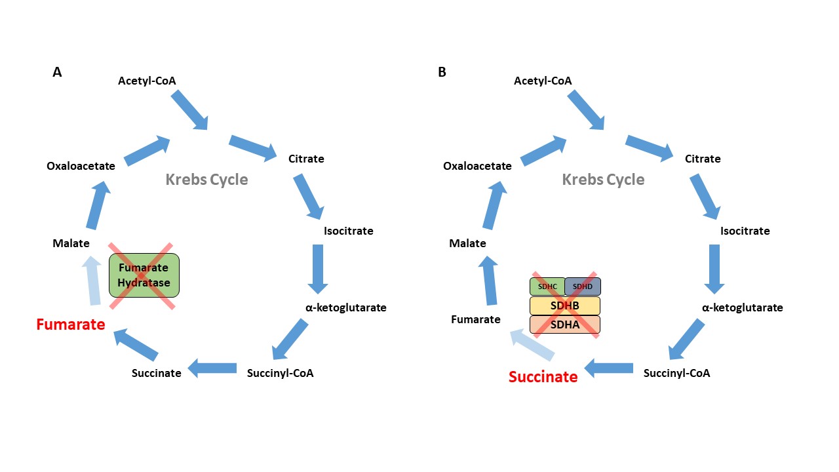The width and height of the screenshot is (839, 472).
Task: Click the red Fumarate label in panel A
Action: click(70, 324)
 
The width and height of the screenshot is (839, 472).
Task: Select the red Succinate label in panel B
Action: click(543, 377)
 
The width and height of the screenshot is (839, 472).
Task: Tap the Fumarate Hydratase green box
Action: click(144, 275)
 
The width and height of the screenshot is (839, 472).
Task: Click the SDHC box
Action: click(547, 286)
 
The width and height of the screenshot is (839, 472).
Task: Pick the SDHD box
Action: click(583, 286)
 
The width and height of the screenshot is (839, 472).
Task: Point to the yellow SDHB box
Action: click(565, 306)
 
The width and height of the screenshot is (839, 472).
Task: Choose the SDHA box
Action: click(565, 324)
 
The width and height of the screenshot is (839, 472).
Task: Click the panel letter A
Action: click(57, 72)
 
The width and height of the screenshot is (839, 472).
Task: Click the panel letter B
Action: click(442, 72)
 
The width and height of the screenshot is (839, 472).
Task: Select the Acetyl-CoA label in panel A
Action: click(147, 81)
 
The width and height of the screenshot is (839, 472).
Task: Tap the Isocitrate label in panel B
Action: click(745, 231)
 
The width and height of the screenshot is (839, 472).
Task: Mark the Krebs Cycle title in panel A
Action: click(206, 180)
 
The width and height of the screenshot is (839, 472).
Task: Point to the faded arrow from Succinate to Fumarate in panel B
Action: click(532, 345)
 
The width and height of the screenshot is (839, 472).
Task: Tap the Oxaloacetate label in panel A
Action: click(81, 166)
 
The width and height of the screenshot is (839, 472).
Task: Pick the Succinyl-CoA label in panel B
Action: click(676, 373)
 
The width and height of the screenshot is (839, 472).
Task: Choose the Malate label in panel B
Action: click(467, 243)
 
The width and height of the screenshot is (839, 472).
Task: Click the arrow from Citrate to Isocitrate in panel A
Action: click(308, 196)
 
